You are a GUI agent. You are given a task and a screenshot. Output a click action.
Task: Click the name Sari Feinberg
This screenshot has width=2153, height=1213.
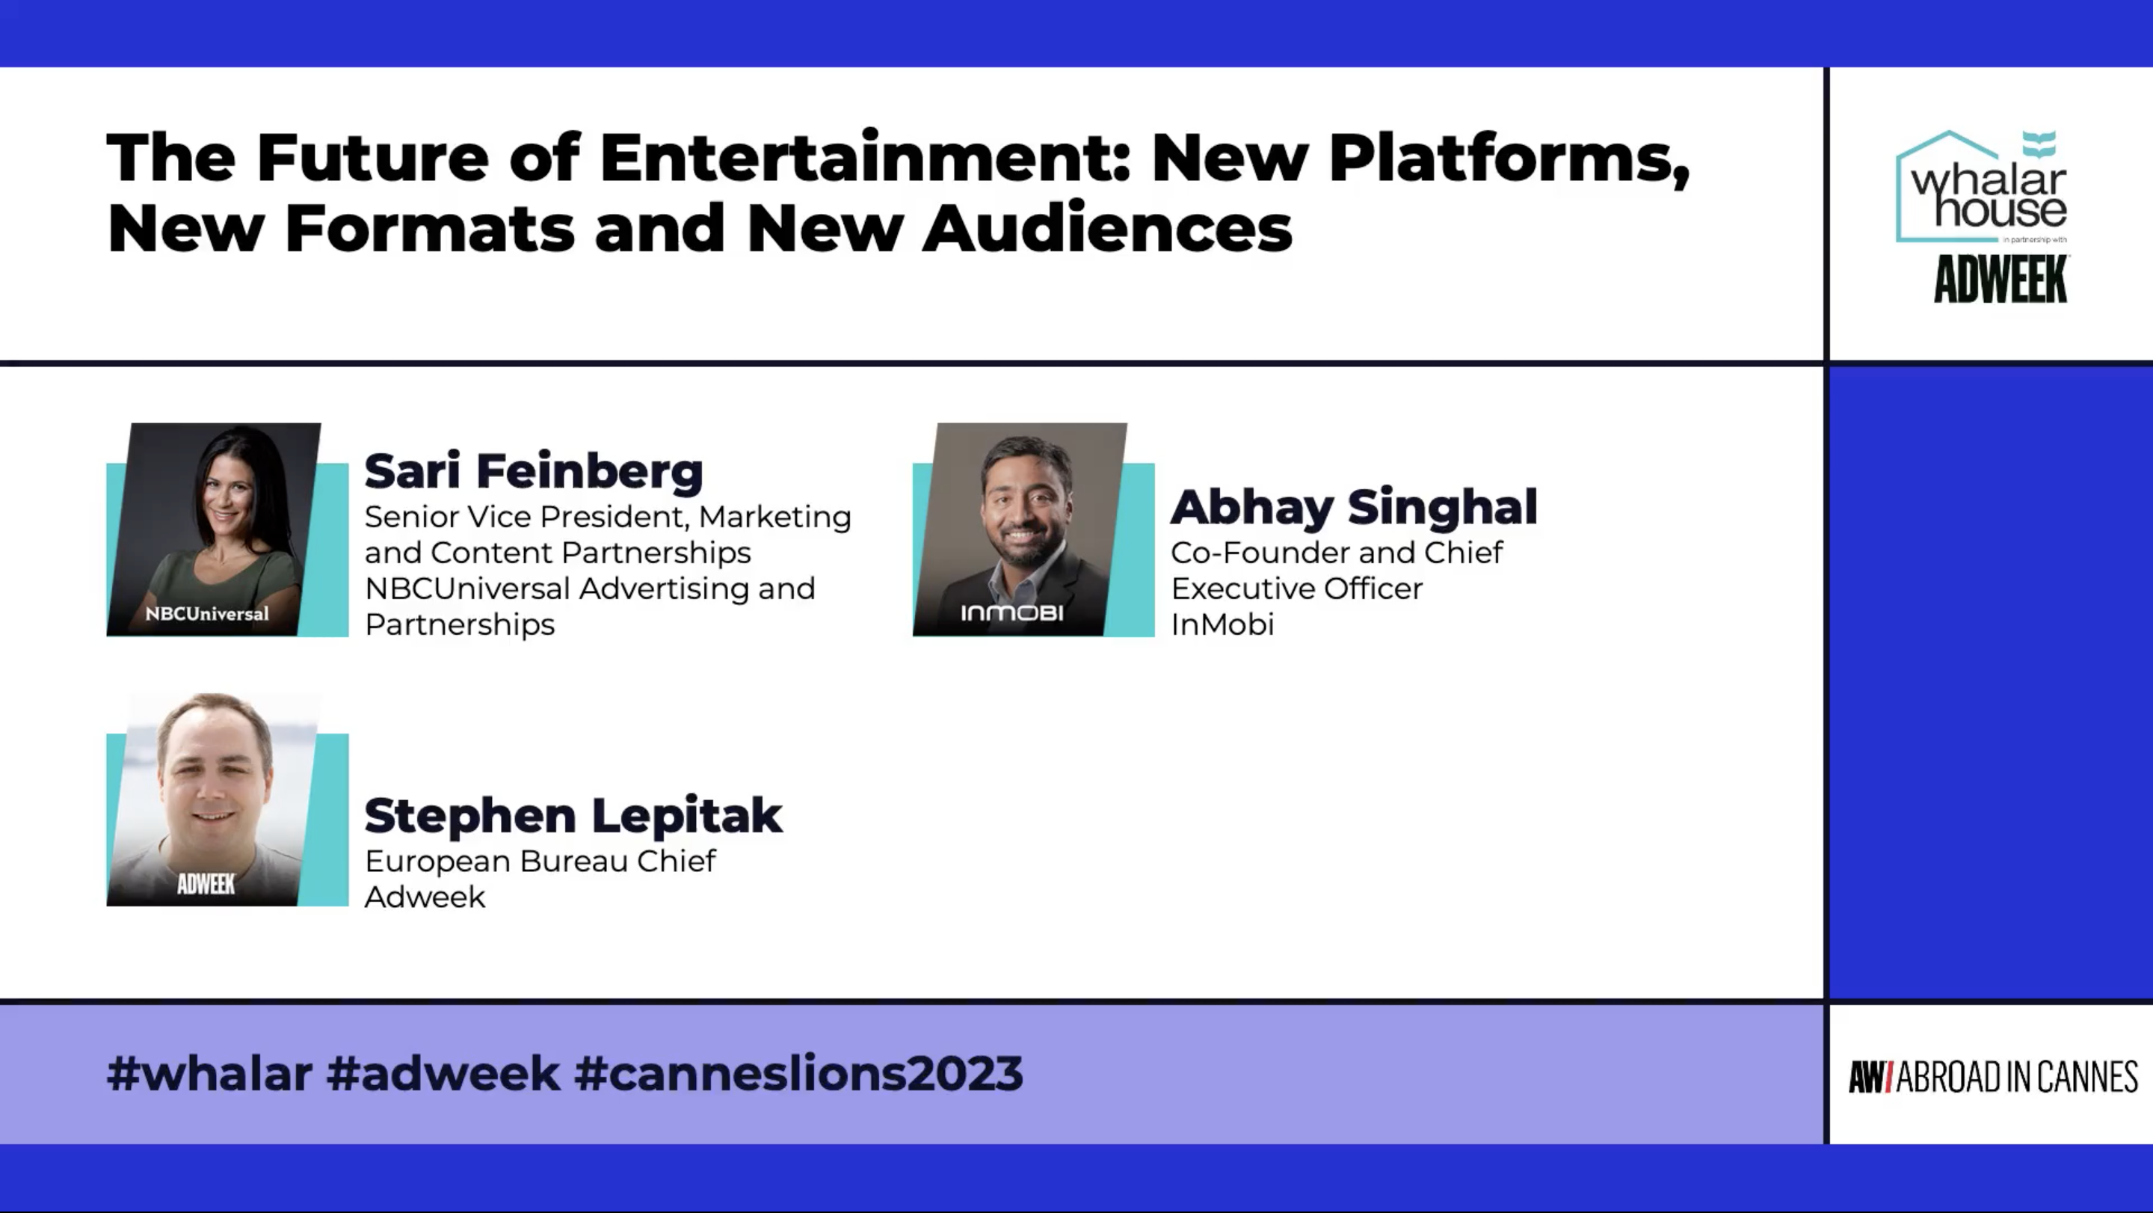point(533,471)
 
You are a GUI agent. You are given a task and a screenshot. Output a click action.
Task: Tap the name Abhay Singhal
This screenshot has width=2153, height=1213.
point(1353,508)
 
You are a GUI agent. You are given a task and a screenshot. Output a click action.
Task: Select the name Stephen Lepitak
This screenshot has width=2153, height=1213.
point(573,817)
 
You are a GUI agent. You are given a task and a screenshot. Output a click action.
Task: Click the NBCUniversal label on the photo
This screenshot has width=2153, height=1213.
point(207,614)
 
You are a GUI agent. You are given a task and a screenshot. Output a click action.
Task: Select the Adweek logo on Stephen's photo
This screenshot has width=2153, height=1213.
point(206,884)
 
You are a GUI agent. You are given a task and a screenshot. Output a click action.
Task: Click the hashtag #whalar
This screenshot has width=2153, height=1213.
point(210,1073)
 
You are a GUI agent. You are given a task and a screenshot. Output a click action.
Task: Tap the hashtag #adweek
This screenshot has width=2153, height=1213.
point(443,1073)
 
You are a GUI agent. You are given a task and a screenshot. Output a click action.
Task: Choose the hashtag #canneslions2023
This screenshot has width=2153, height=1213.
point(798,1073)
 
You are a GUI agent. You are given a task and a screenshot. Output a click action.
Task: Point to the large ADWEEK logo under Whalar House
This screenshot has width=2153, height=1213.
point(2001,279)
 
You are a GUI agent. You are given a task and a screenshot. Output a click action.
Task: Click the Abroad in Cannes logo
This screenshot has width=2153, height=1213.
point(1992,1077)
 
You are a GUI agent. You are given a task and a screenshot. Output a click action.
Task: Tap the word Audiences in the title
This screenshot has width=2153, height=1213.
point(1107,227)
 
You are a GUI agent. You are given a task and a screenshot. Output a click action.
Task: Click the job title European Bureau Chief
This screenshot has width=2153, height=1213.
point(540,861)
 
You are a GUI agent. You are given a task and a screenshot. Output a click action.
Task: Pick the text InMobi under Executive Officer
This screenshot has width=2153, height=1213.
point(1222,624)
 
